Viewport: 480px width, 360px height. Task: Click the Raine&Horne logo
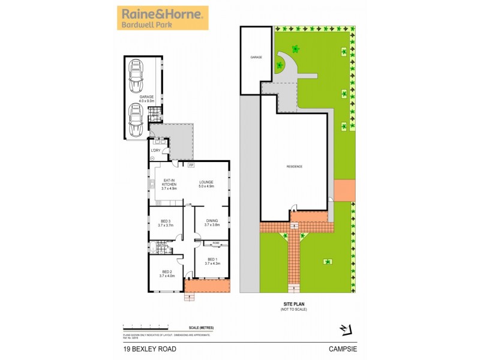[x=162, y=17]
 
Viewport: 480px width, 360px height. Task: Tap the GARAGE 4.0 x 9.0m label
[x=147, y=99]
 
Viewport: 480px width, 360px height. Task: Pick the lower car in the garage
[x=136, y=118]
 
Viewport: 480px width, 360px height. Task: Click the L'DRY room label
[x=155, y=150]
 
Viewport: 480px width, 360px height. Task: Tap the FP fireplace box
[x=191, y=164]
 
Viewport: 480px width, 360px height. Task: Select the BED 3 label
[x=165, y=223]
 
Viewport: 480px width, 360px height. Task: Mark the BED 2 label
[x=166, y=274]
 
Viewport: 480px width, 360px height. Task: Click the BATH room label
[x=161, y=245]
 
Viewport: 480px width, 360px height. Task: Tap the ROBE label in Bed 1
[x=215, y=243]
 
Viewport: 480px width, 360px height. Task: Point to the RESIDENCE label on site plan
[x=293, y=166]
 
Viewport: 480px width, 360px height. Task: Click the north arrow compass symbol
[x=344, y=328]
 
